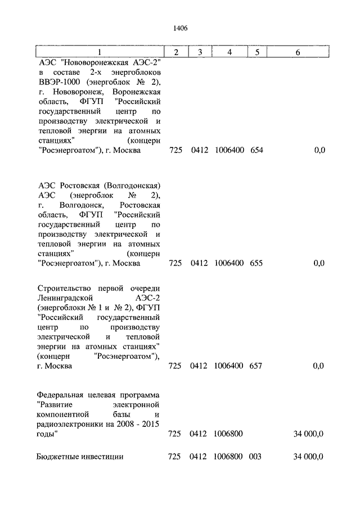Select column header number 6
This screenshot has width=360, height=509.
pos(298,52)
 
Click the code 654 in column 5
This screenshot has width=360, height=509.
pos(256,151)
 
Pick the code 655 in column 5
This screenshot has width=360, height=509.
pos(256,263)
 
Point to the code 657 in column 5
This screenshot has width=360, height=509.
pos(256,366)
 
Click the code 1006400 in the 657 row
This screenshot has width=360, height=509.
pos(229,366)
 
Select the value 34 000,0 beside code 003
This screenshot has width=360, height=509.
pos(308,457)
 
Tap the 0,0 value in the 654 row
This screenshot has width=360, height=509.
pos(319,151)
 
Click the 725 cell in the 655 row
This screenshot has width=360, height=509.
pos(175,263)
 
